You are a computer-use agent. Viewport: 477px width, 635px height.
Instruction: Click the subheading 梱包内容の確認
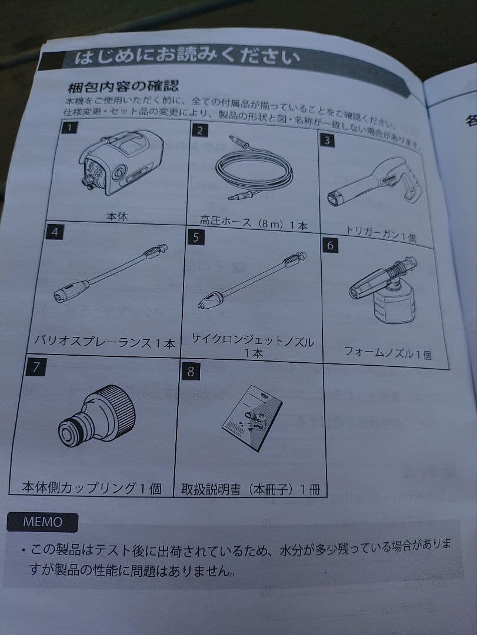[122, 87]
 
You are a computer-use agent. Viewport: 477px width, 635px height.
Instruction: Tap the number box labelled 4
[55, 232]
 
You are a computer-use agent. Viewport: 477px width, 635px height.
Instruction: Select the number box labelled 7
[36, 367]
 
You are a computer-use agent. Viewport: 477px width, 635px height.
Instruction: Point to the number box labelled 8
[191, 372]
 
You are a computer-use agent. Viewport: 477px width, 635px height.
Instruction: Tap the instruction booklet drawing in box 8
[252, 417]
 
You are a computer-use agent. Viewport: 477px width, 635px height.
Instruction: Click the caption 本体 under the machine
[116, 217]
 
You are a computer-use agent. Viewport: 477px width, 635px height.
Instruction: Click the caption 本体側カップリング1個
[91, 487]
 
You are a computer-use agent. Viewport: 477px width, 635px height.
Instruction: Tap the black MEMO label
[42, 521]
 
